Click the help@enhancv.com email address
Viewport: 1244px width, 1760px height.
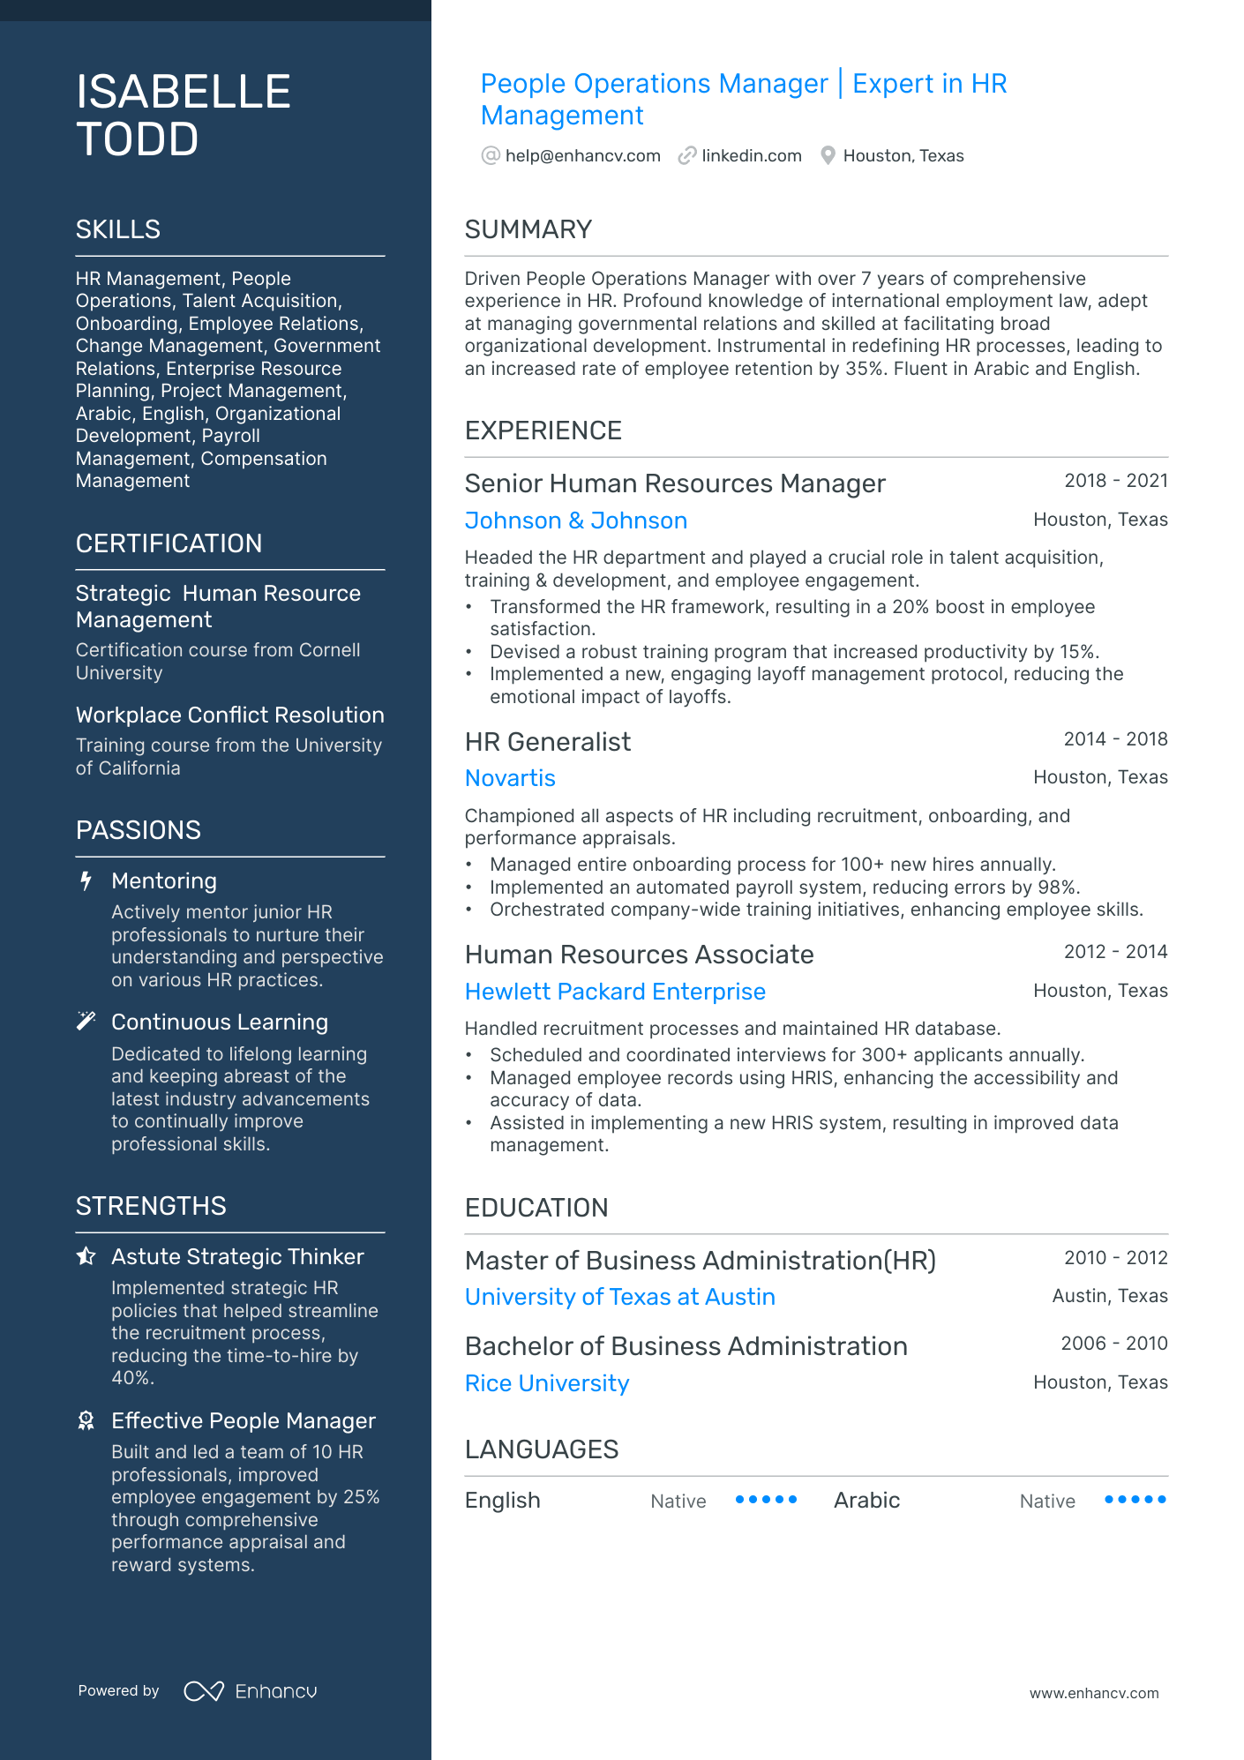click(582, 156)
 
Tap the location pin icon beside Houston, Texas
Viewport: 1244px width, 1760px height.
click(828, 156)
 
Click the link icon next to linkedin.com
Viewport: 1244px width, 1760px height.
click(687, 156)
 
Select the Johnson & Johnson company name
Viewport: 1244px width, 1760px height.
click(575, 521)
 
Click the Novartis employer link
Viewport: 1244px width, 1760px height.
click(510, 778)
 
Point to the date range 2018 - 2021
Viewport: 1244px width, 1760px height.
click(1115, 481)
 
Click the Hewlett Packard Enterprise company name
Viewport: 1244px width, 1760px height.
click(615, 992)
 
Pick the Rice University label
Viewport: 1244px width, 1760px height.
click(547, 1383)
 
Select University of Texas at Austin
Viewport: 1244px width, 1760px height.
click(619, 1297)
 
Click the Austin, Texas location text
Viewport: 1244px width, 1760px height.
click(1109, 1296)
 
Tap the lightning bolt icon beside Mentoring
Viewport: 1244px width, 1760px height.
click(86, 881)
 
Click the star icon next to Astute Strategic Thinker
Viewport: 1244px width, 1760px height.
click(86, 1256)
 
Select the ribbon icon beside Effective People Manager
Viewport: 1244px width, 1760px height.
click(86, 1420)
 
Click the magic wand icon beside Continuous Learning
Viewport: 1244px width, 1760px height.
click(86, 1022)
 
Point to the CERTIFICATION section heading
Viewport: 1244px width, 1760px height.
click(169, 543)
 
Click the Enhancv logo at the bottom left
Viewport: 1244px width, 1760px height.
click(251, 1691)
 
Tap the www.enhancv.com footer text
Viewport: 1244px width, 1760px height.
click(1094, 1693)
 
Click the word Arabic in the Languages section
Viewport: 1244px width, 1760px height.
click(866, 1501)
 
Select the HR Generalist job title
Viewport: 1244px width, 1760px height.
click(547, 742)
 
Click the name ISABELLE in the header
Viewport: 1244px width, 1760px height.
click(184, 92)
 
